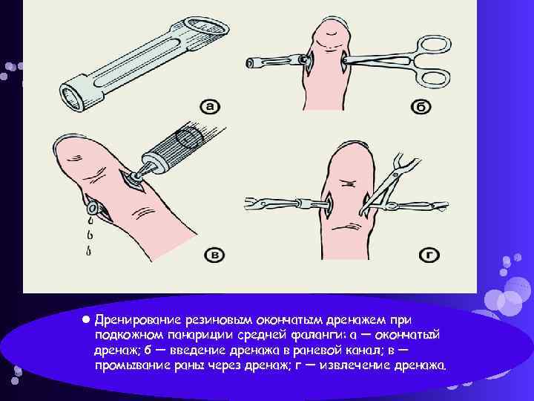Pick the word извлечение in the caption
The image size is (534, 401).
point(352,365)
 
